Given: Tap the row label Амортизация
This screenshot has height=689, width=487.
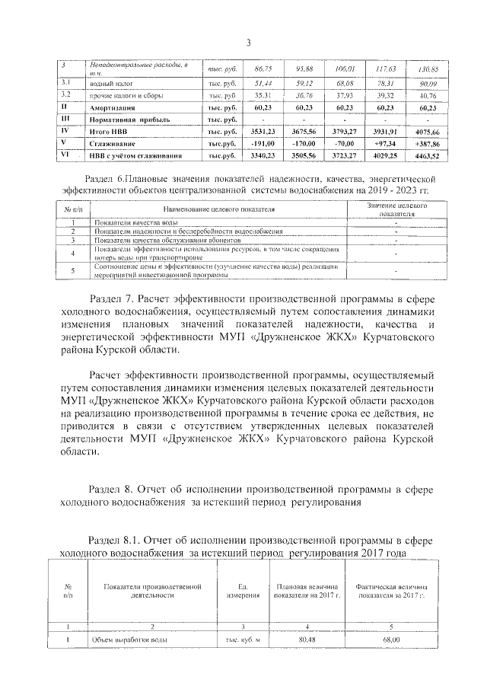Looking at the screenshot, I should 113,108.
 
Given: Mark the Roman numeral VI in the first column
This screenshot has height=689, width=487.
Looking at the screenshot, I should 65,155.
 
